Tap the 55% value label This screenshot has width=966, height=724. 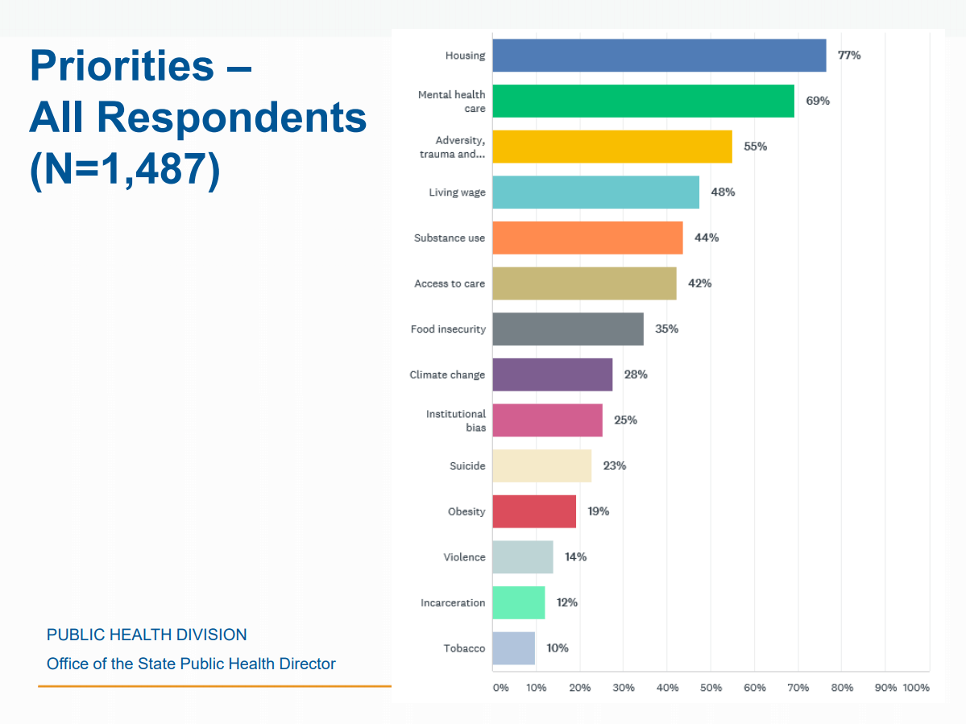click(x=755, y=147)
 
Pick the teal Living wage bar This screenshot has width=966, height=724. click(x=595, y=192)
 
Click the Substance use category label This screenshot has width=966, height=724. click(x=450, y=238)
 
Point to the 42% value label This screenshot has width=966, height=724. click(x=699, y=283)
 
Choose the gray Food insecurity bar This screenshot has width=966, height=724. click(x=568, y=329)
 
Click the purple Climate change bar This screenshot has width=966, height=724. click(x=552, y=374)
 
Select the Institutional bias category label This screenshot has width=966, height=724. click(x=456, y=420)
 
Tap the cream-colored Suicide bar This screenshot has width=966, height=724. click(x=541, y=465)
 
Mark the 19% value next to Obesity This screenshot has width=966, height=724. click(x=598, y=511)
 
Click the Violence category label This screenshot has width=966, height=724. click(x=464, y=557)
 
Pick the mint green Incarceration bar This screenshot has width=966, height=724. click(x=518, y=602)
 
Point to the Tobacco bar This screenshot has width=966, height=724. click(x=513, y=648)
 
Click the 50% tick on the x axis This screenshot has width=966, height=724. click(x=711, y=688)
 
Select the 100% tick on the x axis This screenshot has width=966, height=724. click(x=916, y=688)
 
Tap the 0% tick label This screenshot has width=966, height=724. click(x=500, y=688)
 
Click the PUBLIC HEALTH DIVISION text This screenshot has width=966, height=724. click(x=147, y=635)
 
